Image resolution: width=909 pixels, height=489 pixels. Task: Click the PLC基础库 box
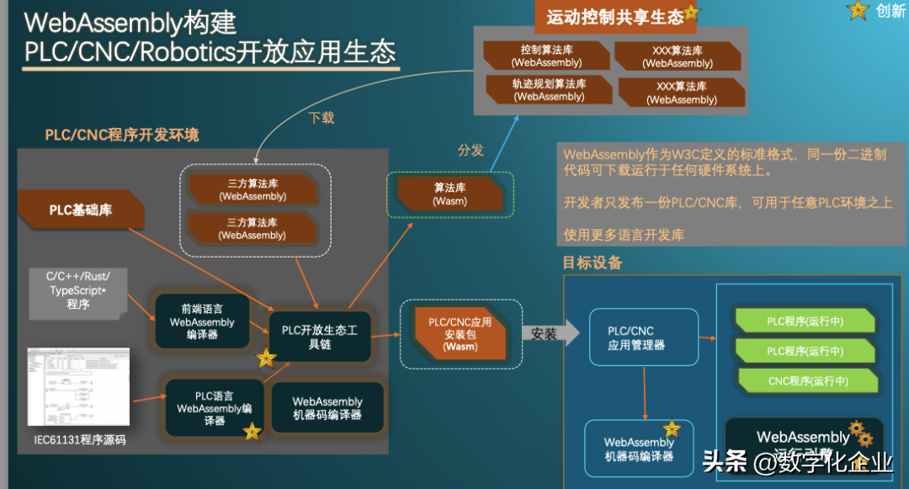tap(81, 210)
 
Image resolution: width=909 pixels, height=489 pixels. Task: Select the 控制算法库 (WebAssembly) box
tap(546, 56)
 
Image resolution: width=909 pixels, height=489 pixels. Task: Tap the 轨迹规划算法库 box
tap(549, 90)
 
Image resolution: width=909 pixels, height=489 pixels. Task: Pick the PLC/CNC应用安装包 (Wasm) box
tap(460, 334)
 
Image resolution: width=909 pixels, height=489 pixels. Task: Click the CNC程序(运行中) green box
tap(808, 381)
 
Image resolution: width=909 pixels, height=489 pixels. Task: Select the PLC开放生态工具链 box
tap(320, 337)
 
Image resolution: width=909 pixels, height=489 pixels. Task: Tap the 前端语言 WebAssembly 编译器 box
tap(202, 322)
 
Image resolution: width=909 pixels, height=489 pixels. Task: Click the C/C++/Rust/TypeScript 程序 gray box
tap(78, 290)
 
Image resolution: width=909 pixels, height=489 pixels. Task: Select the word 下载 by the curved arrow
tap(322, 118)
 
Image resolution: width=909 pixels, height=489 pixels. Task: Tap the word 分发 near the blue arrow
tap(471, 150)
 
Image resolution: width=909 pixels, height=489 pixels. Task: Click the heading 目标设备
tap(593, 263)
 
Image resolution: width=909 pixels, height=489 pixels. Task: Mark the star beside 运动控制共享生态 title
tap(692, 12)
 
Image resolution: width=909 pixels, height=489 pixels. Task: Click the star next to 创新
tap(858, 10)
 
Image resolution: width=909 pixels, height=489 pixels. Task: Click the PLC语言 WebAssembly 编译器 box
tap(215, 408)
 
